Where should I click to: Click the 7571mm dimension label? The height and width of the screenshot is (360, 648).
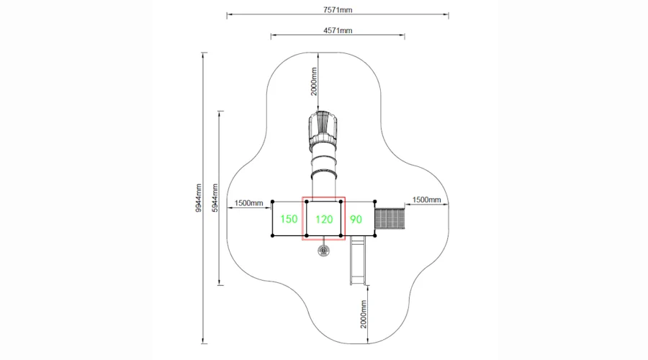pyautogui.click(x=338, y=9)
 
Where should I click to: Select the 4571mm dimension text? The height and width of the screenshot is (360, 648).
pyautogui.click(x=338, y=30)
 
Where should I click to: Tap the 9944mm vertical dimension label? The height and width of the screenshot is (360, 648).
pyautogui.click(x=199, y=198)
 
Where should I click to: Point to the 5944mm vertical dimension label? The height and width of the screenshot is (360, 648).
pyautogui.click(x=215, y=198)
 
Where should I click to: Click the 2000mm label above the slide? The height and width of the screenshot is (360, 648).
pyautogui.click(x=314, y=81)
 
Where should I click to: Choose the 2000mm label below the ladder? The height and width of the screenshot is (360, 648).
pyautogui.click(x=364, y=315)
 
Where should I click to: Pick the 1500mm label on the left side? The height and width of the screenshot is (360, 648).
pyautogui.click(x=249, y=203)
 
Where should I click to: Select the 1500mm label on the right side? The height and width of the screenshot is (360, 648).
pyautogui.click(x=426, y=199)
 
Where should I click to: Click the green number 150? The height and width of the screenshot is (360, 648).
pyautogui.click(x=289, y=219)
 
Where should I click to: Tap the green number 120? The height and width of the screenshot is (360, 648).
pyautogui.click(x=324, y=219)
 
